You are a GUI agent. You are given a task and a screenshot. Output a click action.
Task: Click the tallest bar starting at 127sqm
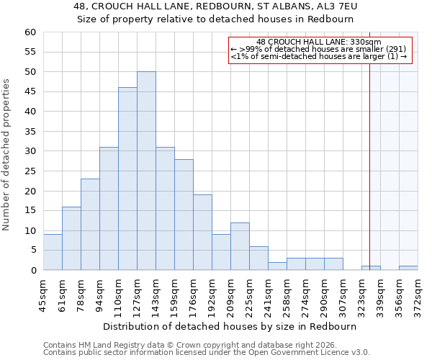pyautogui.click(x=146, y=171)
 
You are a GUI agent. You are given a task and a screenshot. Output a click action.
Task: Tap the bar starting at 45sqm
pyautogui.click(x=53, y=253)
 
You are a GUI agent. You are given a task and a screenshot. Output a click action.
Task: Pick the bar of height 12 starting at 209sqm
pyautogui.click(x=240, y=247)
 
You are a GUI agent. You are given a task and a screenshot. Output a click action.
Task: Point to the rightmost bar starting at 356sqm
pyautogui.click(x=408, y=269)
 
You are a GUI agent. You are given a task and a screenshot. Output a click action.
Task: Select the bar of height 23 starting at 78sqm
pyautogui.click(x=90, y=225)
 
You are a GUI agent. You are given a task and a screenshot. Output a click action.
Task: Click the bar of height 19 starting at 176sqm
pyautogui.click(x=202, y=233)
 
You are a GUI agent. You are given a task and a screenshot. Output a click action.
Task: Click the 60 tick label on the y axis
pyautogui.click(x=30, y=32)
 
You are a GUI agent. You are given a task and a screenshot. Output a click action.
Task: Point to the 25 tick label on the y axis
pyautogui.click(x=30, y=171)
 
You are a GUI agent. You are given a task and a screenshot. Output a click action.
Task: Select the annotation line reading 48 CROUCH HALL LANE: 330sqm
pyautogui.click(x=319, y=42)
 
